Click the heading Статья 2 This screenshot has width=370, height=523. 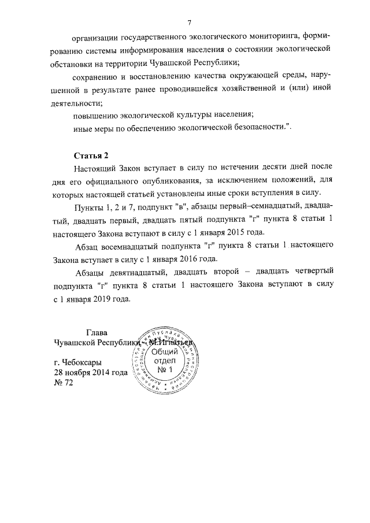coord(91,155)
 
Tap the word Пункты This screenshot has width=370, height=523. coord(91,207)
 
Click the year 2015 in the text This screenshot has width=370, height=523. coord(236,233)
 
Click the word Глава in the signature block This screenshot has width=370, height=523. coord(97,333)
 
